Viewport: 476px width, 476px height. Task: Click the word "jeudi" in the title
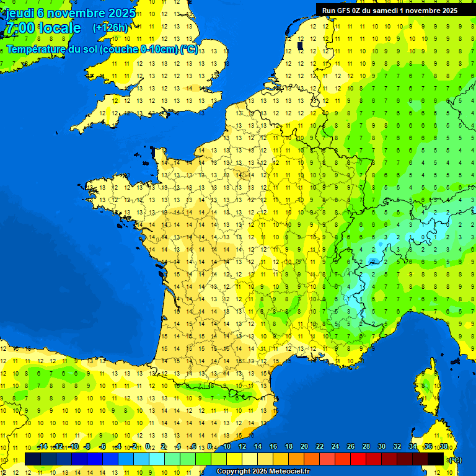coord(19,12)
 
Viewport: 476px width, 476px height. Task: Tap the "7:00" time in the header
coord(20,28)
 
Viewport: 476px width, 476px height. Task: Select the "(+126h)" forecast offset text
coord(110,28)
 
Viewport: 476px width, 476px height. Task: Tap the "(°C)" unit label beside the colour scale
coord(454,460)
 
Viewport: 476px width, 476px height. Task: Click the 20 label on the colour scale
coord(304,447)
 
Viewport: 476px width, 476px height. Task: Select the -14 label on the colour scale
coord(42,447)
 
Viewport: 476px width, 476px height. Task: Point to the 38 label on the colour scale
coord(444,447)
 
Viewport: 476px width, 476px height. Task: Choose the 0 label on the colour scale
coord(148,447)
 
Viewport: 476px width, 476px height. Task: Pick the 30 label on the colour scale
coord(382,447)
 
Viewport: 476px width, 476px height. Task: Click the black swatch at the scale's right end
coord(436,459)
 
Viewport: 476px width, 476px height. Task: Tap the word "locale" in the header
coord(59,28)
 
